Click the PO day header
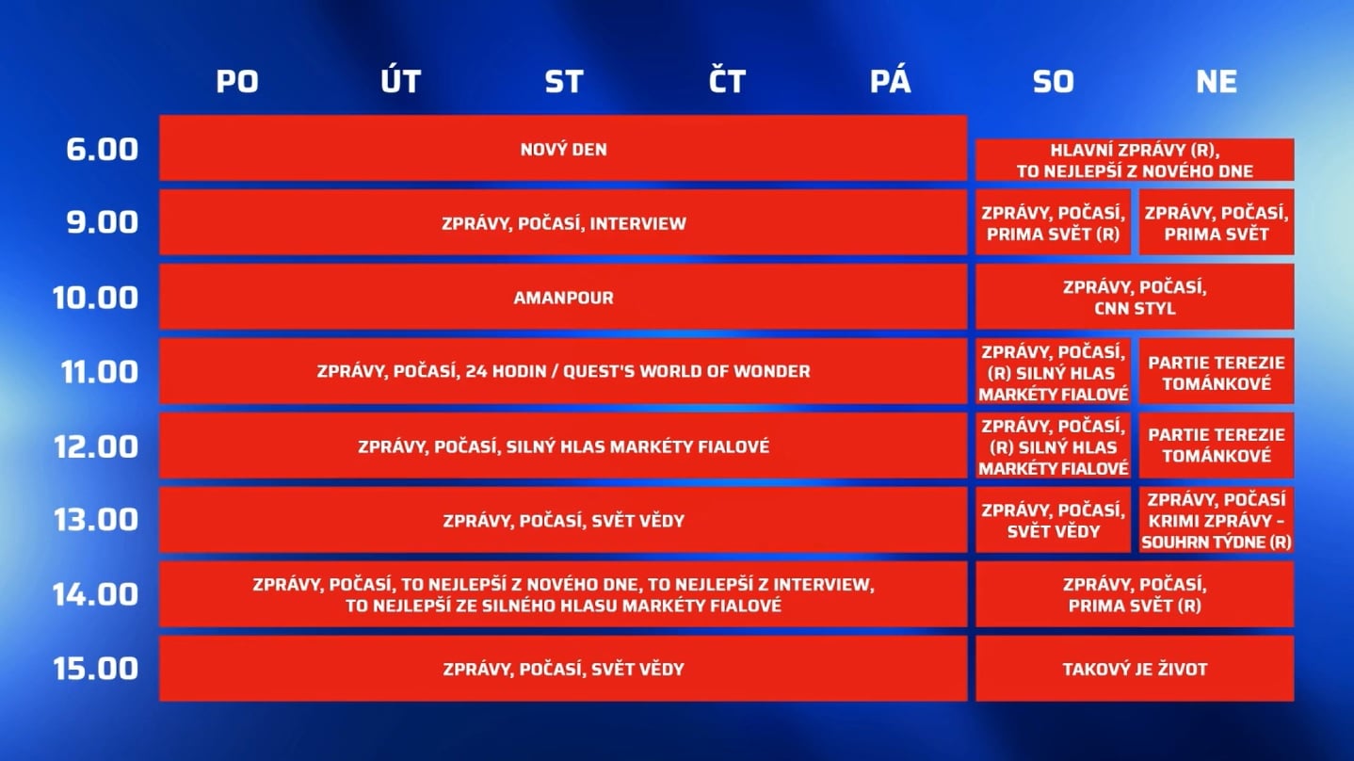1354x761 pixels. point(237,82)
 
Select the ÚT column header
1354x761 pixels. point(400,82)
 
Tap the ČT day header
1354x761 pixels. point(727,82)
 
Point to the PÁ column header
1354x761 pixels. point(890,82)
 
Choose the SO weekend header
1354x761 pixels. point(1053,82)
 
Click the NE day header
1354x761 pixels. point(1216,82)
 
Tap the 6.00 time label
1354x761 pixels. point(102,149)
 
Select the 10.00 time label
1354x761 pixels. point(94,298)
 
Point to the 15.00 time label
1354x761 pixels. point(94,669)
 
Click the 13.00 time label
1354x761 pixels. point(94,520)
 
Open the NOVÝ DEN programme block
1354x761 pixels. point(563,149)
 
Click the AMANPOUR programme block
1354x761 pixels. point(563,298)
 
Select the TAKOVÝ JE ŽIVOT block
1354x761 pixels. point(1135,669)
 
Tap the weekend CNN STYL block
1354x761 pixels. point(1135,298)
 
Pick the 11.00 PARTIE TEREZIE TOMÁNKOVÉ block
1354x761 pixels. point(1216,372)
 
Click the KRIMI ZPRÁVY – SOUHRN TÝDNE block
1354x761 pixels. point(1216,520)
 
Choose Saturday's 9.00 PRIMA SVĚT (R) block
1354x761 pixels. point(1053,223)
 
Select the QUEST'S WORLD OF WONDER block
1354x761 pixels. point(563,372)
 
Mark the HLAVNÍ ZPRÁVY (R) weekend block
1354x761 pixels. point(1135,160)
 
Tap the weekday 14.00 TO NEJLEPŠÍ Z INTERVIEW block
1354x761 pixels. point(563,594)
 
